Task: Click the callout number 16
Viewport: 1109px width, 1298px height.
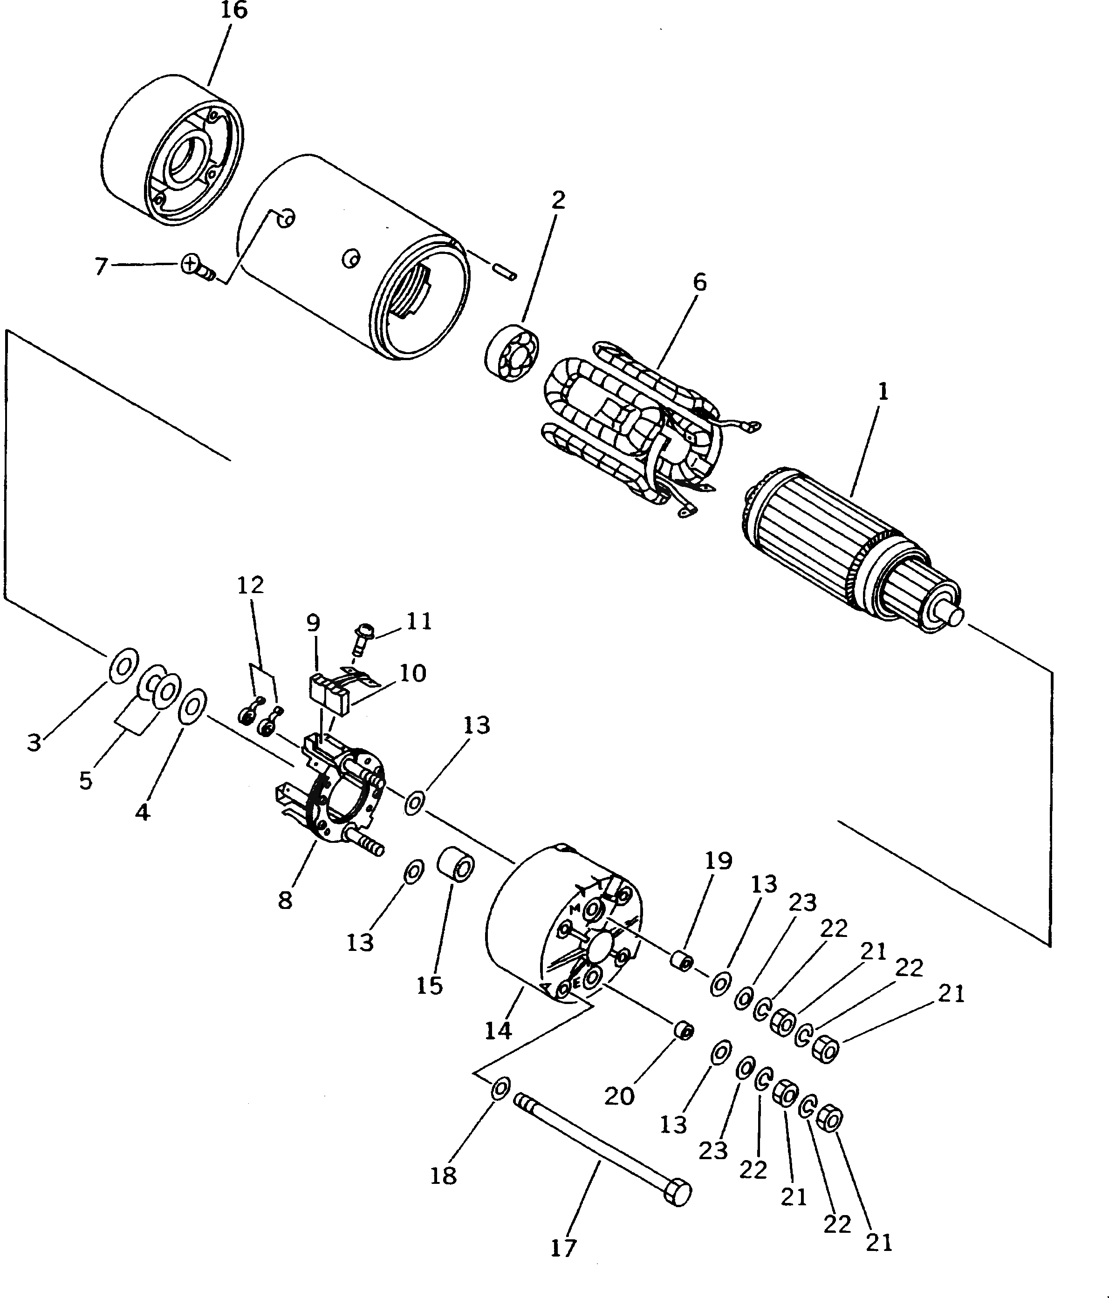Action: pos(233,11)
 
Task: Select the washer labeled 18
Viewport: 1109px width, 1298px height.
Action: pos(500,1089)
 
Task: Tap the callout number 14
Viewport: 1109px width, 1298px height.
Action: pos(498,1031)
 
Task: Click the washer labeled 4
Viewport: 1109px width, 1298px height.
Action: pos(193,707)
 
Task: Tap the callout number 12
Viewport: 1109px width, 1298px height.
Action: pos(250,585)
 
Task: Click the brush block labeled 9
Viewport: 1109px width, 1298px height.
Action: pos(329,693)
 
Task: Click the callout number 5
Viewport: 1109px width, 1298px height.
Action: pos(86,780)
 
